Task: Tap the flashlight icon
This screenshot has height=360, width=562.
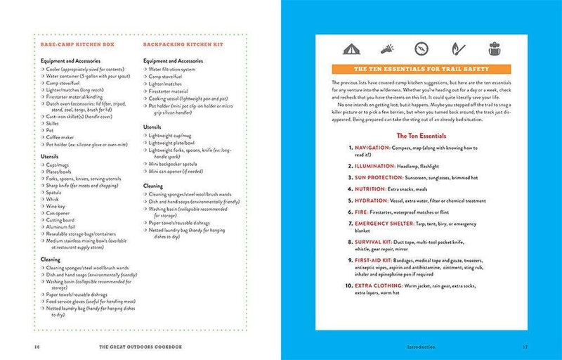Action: click(x=386, y=49)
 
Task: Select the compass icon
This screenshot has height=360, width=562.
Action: click(x=421, y=49)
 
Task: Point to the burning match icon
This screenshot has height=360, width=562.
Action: click(x=456, y=49)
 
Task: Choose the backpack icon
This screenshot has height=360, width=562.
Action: click(x=490, y=49)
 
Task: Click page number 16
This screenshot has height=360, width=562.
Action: click(x=36, y=346)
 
